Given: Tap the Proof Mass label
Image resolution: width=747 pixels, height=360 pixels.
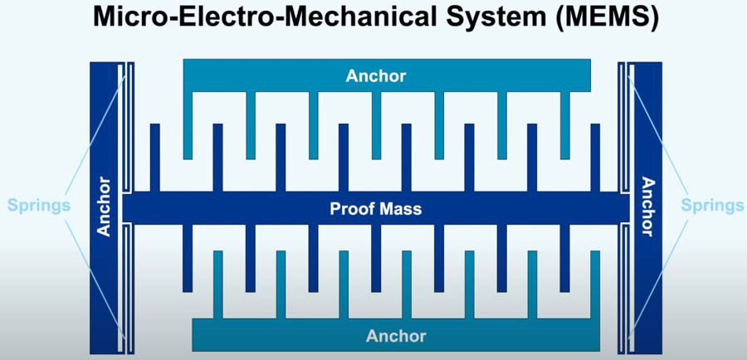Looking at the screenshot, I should [375, 209].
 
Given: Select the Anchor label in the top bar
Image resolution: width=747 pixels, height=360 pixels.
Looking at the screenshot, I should [376, 76].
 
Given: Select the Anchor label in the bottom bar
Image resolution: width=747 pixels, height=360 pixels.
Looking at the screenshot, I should [396, 336].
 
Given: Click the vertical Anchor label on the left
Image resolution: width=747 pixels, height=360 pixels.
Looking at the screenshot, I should [105, 207].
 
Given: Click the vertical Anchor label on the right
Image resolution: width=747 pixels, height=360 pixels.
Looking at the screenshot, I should [647, 207].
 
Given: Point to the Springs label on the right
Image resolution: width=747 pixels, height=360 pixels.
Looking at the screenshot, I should [712, 205].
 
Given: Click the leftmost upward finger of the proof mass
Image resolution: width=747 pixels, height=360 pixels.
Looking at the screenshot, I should [154, 158].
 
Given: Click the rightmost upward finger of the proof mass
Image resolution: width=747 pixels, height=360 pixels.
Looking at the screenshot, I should [595, 158].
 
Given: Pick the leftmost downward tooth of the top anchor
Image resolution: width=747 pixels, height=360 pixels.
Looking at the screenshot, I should [188, 124].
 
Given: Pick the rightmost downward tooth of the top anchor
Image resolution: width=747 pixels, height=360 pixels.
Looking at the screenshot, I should [565, 124].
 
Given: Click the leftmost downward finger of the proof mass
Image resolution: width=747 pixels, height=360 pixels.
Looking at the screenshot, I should [188, 257].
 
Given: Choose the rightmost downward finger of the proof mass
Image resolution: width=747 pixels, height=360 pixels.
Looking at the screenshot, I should [565, 257].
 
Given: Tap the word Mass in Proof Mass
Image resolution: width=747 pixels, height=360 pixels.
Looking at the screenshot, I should [402, 209].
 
